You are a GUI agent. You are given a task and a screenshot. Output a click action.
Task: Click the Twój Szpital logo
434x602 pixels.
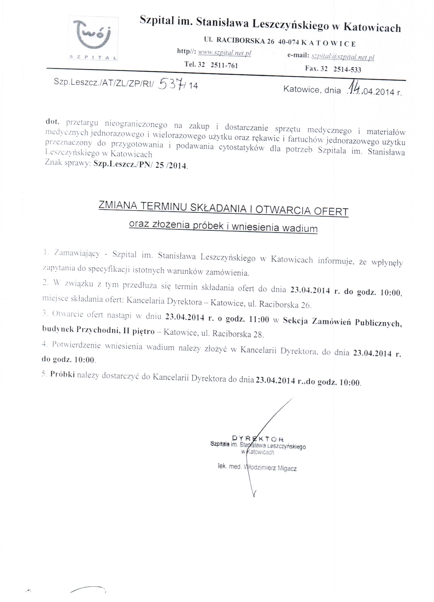tap(93, 39)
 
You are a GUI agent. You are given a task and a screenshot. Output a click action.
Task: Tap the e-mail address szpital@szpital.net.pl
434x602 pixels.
tap(343, 57)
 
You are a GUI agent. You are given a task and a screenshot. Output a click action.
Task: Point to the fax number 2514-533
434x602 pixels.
tap(347, 70)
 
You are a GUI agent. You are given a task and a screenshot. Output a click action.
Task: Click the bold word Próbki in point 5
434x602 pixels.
tap(62, 374)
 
